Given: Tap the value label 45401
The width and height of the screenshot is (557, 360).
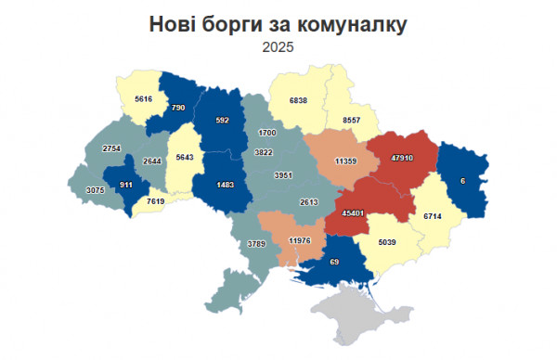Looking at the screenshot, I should [353, 212].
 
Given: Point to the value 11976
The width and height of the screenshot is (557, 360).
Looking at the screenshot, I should [300, 241].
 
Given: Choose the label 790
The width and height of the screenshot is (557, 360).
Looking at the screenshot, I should [179, 109].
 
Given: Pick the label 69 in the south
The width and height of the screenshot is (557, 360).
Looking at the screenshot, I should [335, 264].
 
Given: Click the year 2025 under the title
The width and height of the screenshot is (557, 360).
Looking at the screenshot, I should [278, 46].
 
